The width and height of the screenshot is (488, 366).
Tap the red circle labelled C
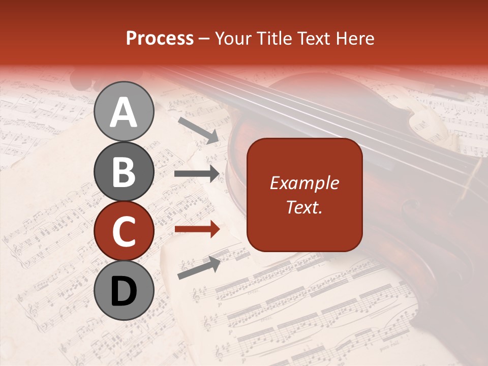124,231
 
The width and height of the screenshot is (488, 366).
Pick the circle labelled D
124,291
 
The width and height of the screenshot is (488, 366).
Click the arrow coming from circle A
198,130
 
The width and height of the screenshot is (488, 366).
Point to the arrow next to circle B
197,174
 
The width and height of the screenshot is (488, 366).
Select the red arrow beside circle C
197,229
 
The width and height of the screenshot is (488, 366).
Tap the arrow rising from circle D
199,268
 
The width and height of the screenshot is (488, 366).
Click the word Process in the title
160,39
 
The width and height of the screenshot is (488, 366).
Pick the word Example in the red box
304,183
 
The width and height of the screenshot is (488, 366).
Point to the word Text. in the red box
304,207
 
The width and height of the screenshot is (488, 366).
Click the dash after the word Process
204,39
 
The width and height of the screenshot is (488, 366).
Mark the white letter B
124,171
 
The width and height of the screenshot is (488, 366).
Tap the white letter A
124,112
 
